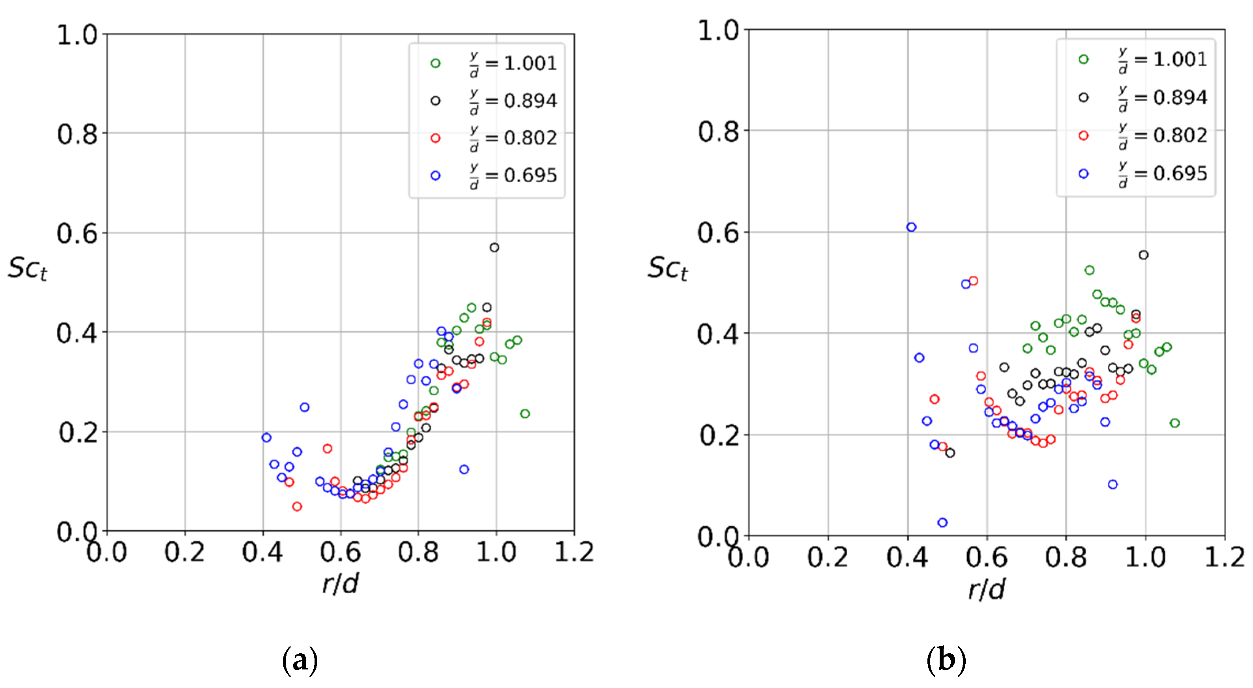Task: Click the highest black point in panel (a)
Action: (494, 247)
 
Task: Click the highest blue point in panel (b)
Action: (911, 227)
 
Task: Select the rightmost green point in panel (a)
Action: (524, 414)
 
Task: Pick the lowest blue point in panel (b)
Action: (942, 523)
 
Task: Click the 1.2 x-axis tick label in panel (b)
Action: (1224, 557)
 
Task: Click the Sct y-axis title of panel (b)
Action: (667, 268)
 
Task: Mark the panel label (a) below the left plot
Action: (300, 660)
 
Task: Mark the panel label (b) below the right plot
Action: (946, 660)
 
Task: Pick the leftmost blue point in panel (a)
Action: (266, 437)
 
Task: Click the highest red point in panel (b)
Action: (973, 280)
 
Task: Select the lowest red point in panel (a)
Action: (297, 506)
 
